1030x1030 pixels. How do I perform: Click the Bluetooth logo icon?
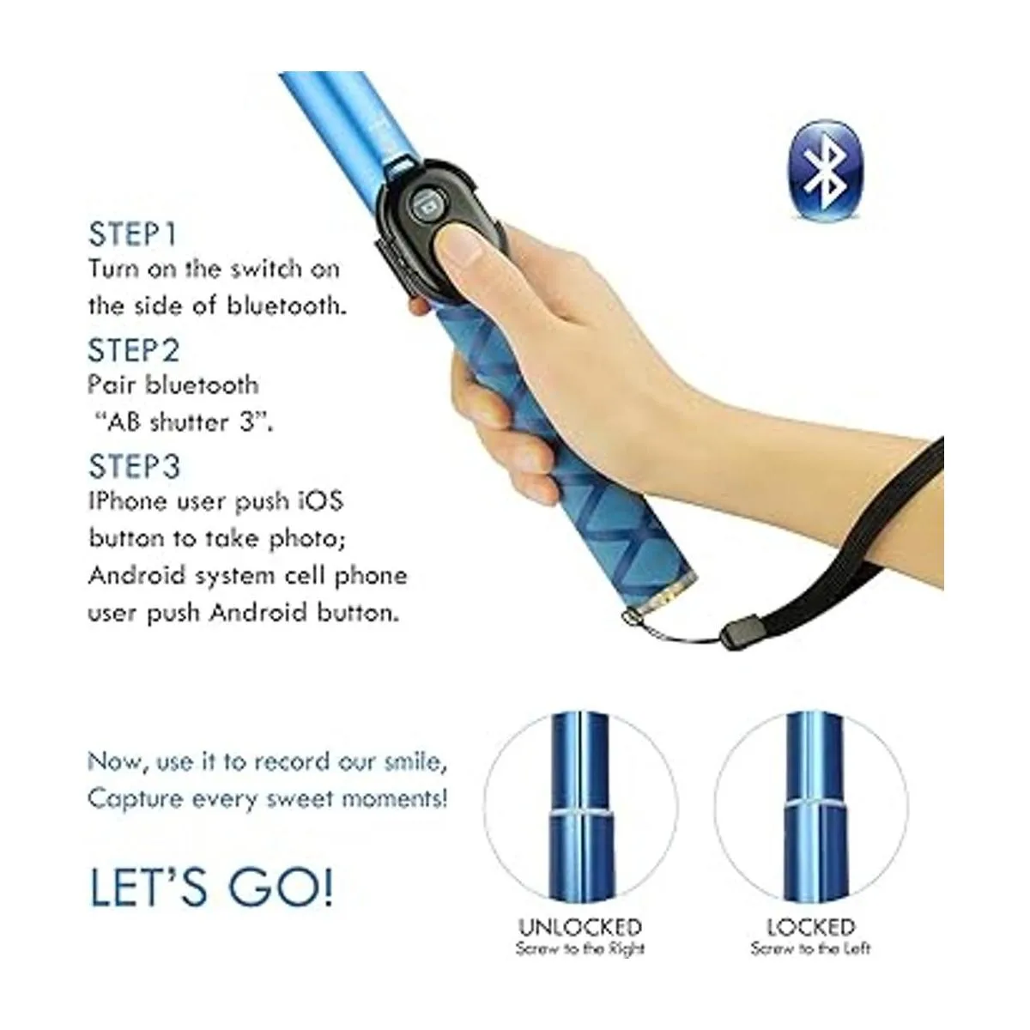pos(825,169)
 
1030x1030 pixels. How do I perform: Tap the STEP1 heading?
pos(132,234)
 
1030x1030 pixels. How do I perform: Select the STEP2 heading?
pos(134,351)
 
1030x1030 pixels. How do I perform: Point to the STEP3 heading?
pos(134,467)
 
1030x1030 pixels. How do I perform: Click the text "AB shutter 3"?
pos(184,423)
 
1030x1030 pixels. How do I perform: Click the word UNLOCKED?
pos(580,927)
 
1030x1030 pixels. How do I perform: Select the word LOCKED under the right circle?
pos(811,927)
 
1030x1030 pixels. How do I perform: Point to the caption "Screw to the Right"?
pos(580,948)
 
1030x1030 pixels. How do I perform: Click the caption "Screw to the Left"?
pos(811,948)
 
